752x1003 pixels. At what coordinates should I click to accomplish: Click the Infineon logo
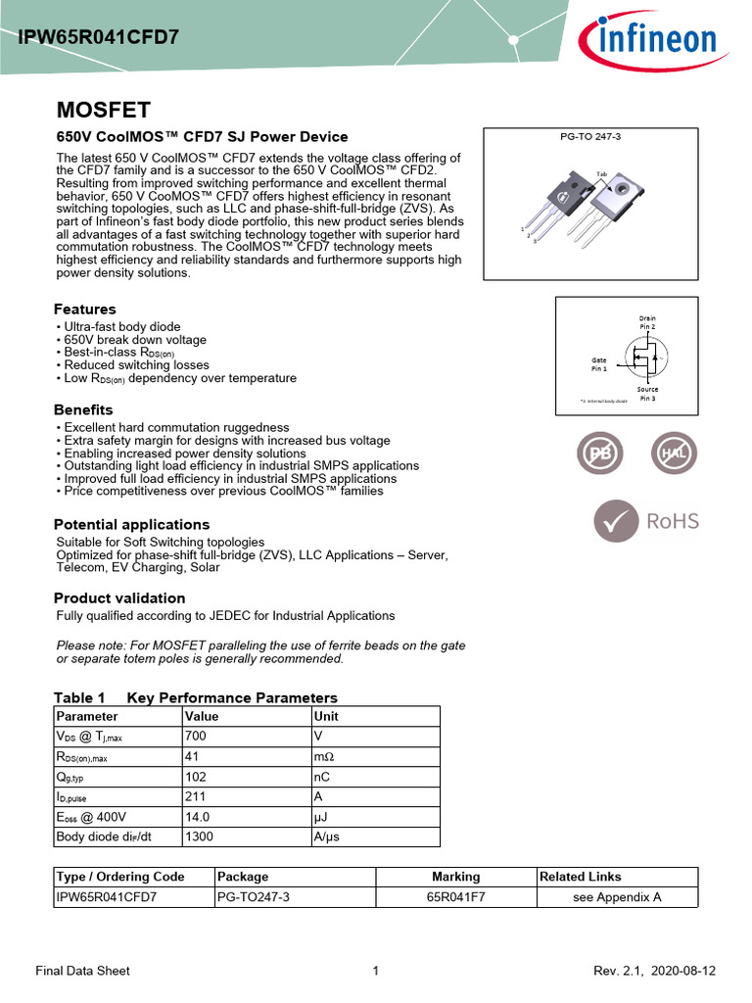[x=646, y=40]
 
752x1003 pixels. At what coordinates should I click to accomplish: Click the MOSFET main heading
[x=103, y=110]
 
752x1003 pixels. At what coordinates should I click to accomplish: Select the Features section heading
[x=84, y=310]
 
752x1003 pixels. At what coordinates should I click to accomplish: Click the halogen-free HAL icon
[x=674, y=454]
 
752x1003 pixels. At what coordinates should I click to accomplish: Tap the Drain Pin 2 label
[x=647, y=322]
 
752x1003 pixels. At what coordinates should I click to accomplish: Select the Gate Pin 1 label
[x=599, y=364]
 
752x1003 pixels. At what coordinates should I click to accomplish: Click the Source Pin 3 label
[x=647, y=394]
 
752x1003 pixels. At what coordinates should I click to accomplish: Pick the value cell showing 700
[x=196, y=736]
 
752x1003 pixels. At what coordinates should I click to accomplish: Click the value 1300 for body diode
[x=200, y=837]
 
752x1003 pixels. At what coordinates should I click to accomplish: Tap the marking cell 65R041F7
[x=455, y=897]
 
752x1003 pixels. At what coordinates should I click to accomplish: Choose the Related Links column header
[x=581, y=877]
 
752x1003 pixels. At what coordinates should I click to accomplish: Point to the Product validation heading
[x=119, y=598]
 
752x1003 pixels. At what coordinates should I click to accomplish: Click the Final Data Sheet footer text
[x=82, y=971]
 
